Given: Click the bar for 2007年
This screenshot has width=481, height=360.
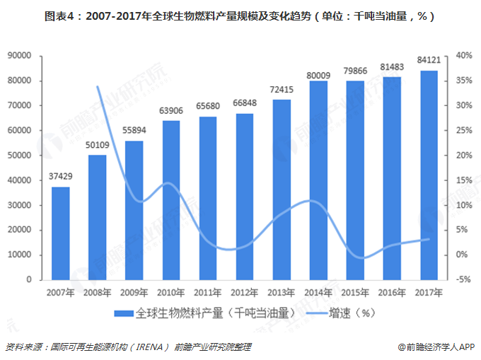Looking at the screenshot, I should [x=61, y=233].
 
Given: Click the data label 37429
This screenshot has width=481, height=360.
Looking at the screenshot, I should [x=61, y=177].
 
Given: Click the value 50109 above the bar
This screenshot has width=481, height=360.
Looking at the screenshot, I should [x=98, y=145].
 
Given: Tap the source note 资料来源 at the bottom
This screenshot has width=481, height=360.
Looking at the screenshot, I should [x=127, y=347].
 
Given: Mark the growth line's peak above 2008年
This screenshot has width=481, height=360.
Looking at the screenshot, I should [x=98, y=86].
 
